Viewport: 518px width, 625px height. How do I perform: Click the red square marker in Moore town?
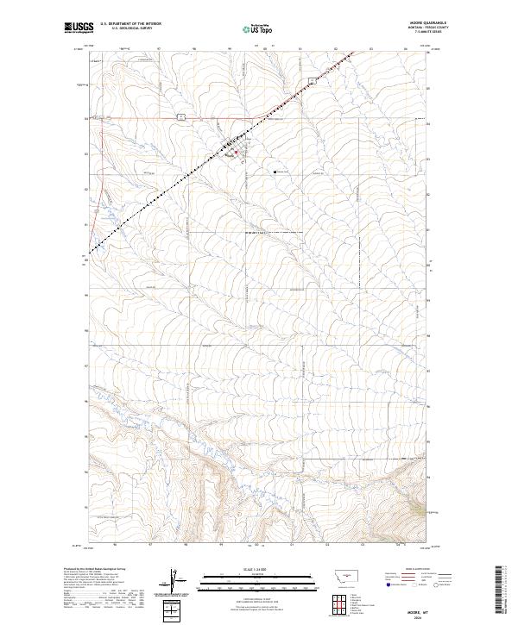click(237, 152)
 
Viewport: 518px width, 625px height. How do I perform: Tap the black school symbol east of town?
click(275, 172)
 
